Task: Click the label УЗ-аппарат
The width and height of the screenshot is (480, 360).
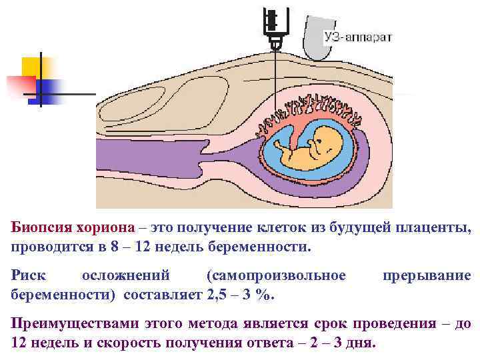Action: (358, 36)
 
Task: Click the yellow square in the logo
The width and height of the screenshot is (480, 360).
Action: (33, 67)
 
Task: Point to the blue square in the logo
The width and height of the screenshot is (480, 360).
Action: (50, 88)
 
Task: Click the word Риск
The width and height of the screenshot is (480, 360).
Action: (28, 275)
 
